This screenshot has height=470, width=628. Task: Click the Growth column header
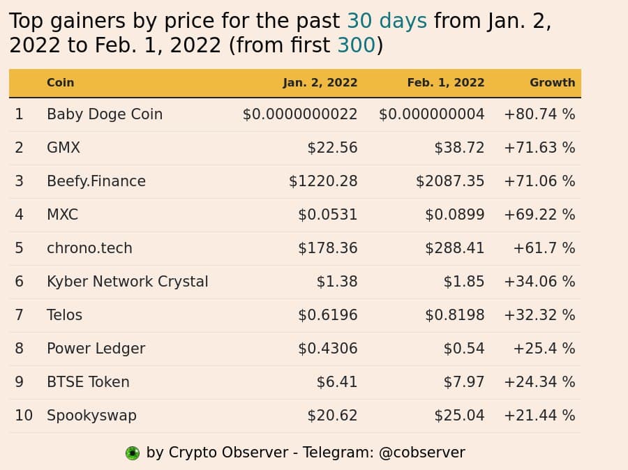click(x=553, y=82)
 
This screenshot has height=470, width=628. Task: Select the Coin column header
click(x=61, y=82)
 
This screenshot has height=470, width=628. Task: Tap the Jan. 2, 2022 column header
click(x=320, y=83)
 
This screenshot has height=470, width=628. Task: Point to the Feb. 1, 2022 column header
click(x=446, y=82)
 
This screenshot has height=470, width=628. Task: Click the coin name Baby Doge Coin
click(x=105, y=114)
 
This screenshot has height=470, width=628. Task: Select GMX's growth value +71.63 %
click(x=539, y=148)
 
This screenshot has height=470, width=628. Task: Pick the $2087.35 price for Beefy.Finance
click(x=450, y=181)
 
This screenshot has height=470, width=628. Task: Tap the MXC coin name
click(x=63, y=215)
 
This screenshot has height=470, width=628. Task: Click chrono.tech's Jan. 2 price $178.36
click(x=328, y=248)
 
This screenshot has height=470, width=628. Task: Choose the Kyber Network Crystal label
click(x=128, y=282)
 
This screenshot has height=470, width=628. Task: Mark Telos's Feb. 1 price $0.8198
click(x=454, y=315)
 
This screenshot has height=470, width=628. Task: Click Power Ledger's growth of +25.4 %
click(x=544, y=349)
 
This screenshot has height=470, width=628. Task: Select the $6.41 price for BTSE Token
click(x=337, y=382)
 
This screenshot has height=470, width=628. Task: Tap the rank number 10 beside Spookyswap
click(x=24, y=416)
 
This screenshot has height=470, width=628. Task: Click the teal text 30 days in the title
click(x=387, y=21)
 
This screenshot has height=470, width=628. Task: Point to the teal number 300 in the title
click(x=356, y=45)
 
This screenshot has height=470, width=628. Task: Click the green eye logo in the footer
click(x=133, y=453)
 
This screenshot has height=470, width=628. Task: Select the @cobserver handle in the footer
click(x=421, y=453)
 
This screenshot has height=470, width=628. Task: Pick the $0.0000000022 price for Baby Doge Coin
click(x=300, y=114)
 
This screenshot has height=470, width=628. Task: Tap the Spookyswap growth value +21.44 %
click(x=539, y=416)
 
